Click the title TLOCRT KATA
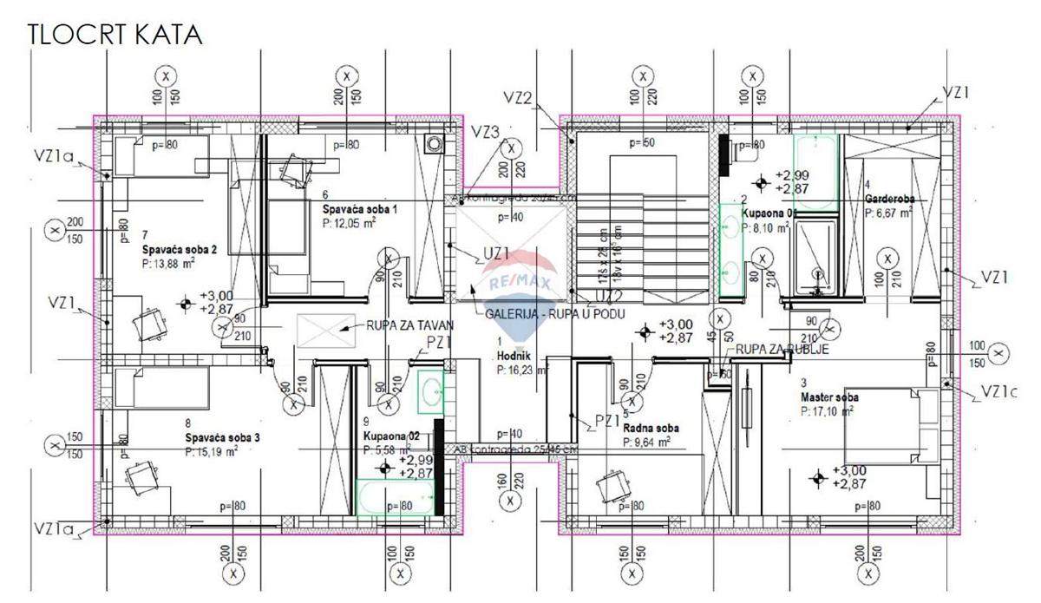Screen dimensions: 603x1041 click(x=115, y=35)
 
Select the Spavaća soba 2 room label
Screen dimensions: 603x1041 click(x=180, y=248)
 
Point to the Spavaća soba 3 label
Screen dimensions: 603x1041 click(x=222, y=437)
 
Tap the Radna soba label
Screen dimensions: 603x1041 click(x=651, y=428)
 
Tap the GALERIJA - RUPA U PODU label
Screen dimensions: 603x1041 click(x=556, y=312)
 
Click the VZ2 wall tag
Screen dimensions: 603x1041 click(x=517, y=98)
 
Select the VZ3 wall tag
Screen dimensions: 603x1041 click(x=486, y=132)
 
